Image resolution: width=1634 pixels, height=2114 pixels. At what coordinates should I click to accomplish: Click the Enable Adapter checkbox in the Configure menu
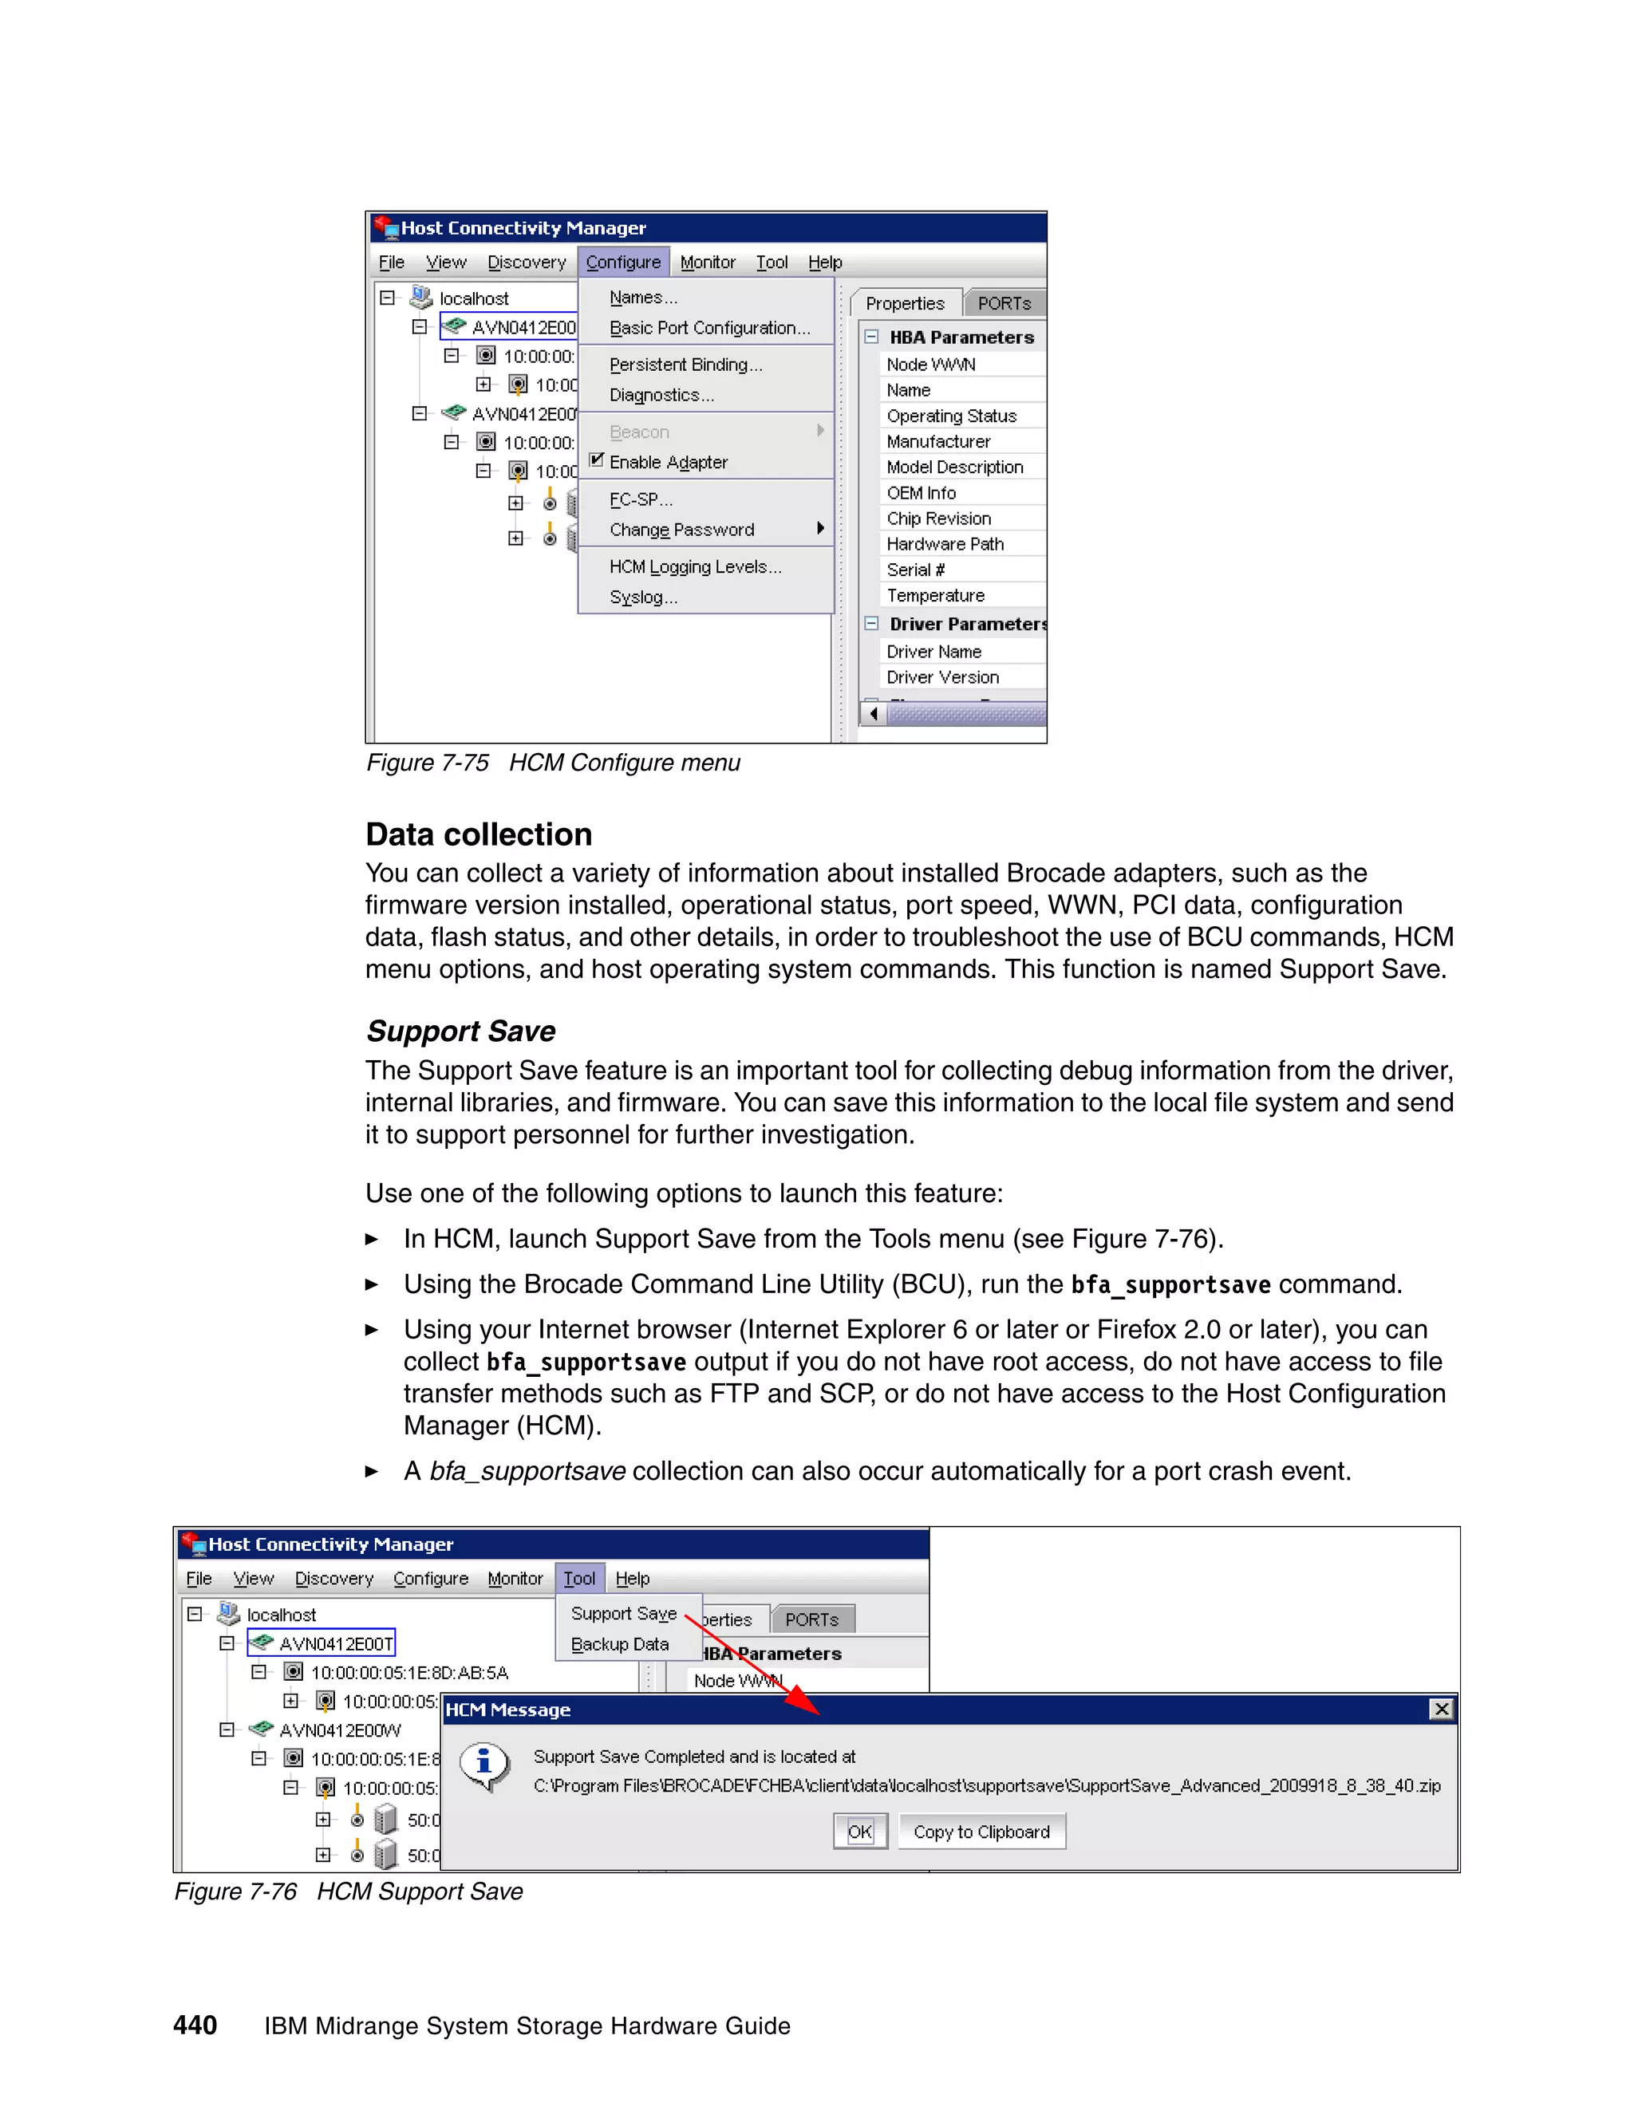[596, 461]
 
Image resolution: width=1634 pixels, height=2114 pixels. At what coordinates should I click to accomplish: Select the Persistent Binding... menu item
[685, 365]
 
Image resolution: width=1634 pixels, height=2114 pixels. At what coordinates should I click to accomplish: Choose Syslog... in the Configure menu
[643, 598]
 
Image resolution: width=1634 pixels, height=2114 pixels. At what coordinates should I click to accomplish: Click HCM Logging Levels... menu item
[695, 567]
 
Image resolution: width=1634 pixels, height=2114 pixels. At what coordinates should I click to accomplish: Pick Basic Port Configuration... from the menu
[709, 328]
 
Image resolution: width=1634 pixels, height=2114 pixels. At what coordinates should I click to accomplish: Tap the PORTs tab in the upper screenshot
[1004, 303]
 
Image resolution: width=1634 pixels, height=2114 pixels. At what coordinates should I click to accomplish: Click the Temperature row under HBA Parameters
[935, 595]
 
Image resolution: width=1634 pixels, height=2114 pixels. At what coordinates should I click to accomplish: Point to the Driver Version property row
[942, 677]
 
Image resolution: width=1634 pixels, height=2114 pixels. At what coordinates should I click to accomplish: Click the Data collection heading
[478, 834]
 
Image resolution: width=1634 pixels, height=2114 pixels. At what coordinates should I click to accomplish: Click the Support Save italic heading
[461, 1031]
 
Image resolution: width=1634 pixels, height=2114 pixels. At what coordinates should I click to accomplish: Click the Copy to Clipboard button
[981, 1832]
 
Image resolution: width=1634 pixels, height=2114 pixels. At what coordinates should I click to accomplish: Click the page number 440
[195, 2025]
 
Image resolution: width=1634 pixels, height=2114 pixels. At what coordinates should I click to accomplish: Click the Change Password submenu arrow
[821, 528]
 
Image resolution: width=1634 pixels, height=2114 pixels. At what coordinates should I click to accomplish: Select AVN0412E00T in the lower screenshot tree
[335, 1643]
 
